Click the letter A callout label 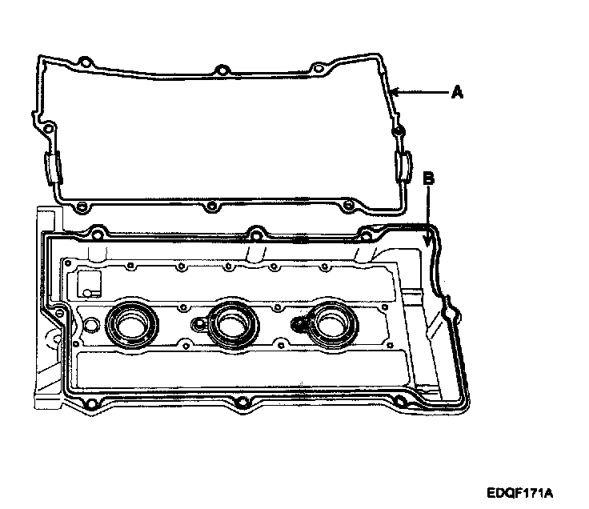[457, 93]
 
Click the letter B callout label [428, 179]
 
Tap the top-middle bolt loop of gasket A [218, 67]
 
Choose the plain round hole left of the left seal [90, 325]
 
